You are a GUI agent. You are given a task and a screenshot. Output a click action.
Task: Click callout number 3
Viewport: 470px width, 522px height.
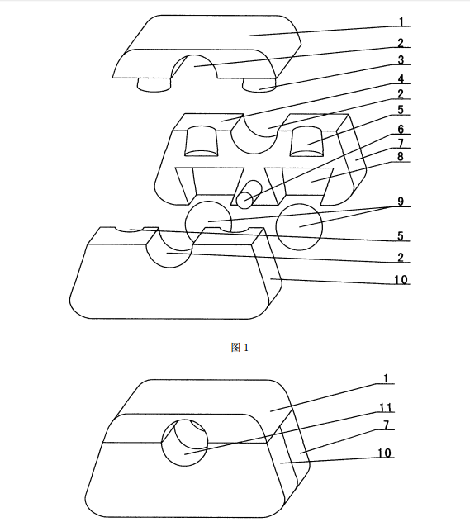point(401,60)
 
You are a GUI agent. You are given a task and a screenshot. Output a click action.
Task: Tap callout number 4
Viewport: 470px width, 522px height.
point(401,79)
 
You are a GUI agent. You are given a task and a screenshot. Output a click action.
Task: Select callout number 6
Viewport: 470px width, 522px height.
point(401,129)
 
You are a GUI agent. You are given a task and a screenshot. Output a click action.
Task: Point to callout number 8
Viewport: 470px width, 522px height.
point(401,156)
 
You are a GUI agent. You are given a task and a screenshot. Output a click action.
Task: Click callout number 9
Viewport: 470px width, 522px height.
point(401,202)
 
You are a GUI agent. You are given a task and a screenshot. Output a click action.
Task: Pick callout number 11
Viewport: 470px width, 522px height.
point(386,407)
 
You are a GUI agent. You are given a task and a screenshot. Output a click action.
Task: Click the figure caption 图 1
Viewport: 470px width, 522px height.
point(240,348)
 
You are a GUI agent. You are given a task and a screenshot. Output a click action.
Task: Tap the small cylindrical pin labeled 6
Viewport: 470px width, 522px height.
point(249,194)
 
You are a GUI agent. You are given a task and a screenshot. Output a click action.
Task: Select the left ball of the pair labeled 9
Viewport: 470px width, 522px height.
point(208,222)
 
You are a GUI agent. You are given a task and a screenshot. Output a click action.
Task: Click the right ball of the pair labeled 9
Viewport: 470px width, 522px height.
point(299,227)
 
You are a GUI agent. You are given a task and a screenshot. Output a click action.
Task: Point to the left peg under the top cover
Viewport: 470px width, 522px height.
point(154,85)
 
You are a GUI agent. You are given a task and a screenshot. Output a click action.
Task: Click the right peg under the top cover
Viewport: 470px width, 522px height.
point(259,85)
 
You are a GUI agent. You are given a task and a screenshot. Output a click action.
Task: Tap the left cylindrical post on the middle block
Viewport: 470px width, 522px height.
point(202,141)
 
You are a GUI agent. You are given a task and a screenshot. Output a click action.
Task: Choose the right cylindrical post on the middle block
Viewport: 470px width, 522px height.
point(307,141)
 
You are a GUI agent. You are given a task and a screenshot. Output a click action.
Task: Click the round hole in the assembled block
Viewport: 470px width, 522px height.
point(185,443)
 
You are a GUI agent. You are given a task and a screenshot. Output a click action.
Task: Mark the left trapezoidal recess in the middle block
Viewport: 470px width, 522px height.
point(210,186)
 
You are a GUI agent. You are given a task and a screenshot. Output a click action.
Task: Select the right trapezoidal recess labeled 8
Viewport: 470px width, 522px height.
point(299,186)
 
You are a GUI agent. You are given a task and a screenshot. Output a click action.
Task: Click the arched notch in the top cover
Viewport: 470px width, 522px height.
point(194,67)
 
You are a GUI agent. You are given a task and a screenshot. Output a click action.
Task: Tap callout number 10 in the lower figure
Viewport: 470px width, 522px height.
point(384,453)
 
